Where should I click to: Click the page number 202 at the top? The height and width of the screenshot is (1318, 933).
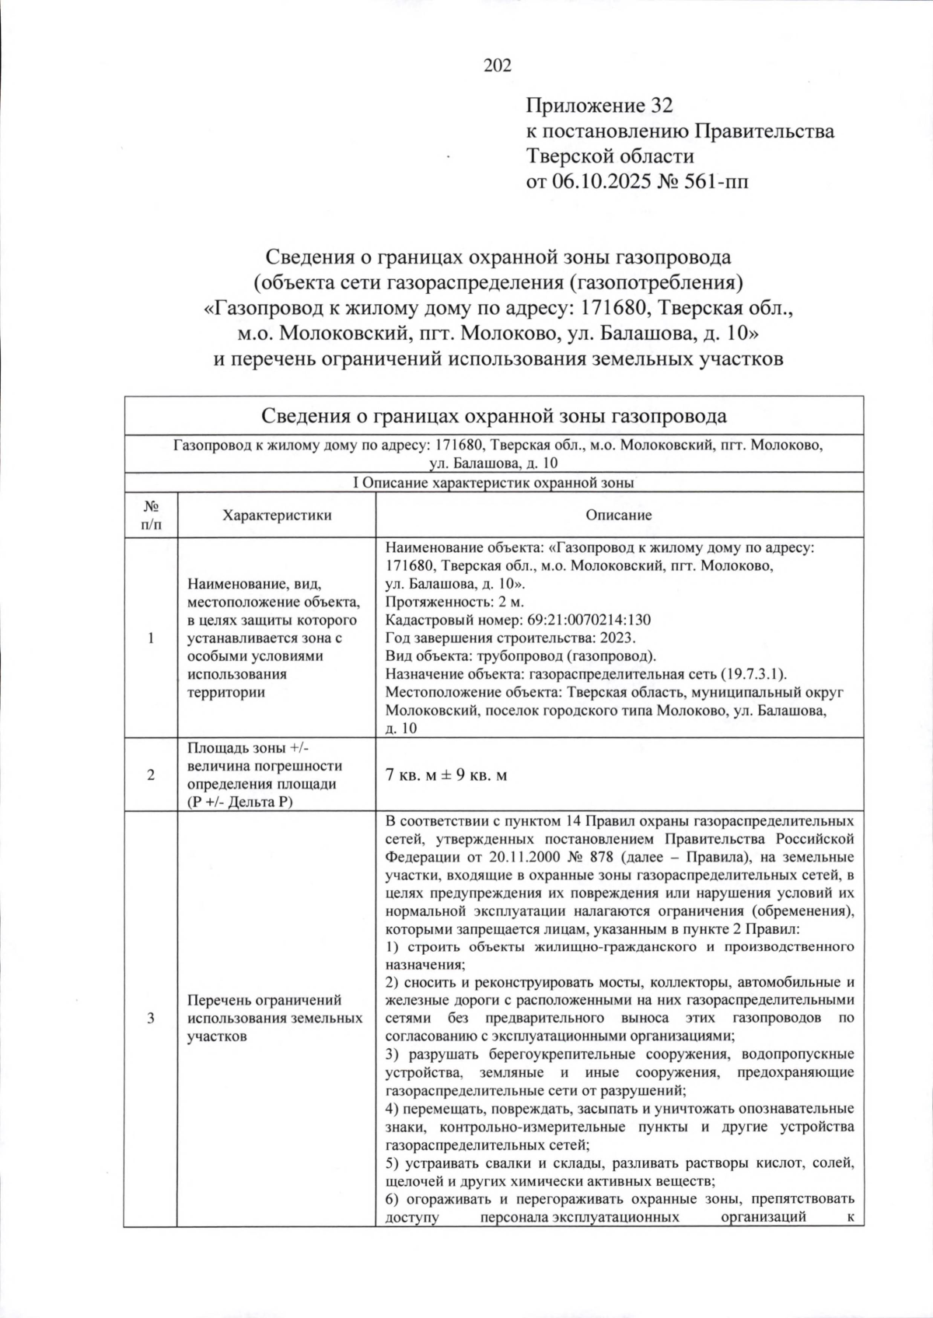pos(498,65)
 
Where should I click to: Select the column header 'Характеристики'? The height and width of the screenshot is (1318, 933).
pos(277,515)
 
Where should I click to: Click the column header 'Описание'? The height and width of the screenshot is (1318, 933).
pos(618,515)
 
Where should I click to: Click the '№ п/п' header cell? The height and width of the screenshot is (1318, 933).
pos(151,515)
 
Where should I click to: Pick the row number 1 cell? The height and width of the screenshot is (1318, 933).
pos(151,638)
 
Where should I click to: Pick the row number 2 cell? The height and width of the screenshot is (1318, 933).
pos(151,774)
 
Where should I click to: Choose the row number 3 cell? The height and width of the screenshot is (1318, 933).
pos(151,1019)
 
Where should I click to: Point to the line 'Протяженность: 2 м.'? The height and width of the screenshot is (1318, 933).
pos(455,602)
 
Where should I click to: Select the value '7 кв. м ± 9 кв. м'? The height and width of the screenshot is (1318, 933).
pos(446,775)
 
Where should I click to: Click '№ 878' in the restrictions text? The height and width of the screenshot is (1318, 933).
pos(591,857)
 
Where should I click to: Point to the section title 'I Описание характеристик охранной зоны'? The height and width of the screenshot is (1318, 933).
pos(494,482)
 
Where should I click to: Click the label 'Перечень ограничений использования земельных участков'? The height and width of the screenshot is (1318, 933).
pos(274,1019)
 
